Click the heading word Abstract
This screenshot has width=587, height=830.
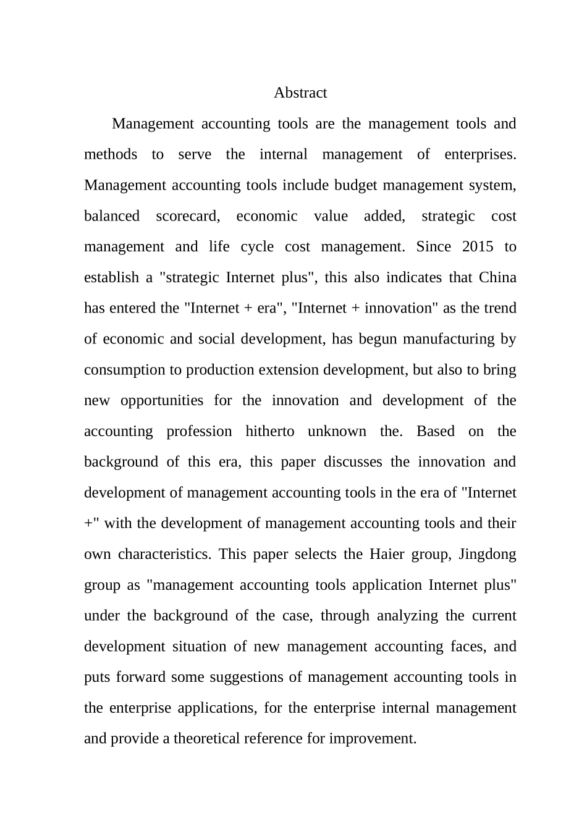click(x=300, y=93)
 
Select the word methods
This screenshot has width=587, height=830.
click(x=111, y=154)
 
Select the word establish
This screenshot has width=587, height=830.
click(x=112, y=277)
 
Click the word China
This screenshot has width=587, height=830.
click(x=497, y=277)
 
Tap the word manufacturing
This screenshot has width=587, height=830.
click(x=429, y=339)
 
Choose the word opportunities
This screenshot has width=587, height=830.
click(x=162, y=400)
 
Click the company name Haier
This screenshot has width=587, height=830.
click(x=387, y=554)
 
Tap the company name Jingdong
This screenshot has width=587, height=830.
click(x=487, y=554)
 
